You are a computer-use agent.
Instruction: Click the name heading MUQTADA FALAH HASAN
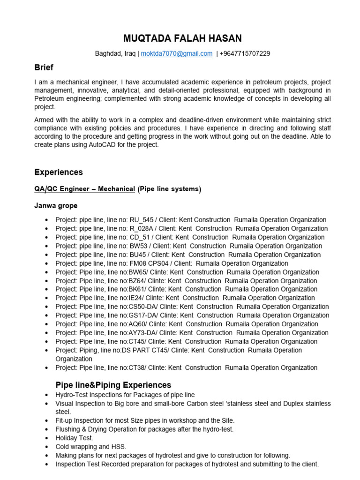(182, 38)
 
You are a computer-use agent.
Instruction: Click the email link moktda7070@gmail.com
(177, 53)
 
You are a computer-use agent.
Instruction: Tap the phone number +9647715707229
(245, 53)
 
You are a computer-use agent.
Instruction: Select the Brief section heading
(44, 67)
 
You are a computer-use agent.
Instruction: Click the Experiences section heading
(59, 172)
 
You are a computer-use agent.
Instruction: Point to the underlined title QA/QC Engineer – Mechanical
(84, 189)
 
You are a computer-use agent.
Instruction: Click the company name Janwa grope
(56, 205)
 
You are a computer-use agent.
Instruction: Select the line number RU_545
(141, 220)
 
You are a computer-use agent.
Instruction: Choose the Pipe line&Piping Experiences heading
(113, 385)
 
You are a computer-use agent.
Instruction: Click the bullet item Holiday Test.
(74, 438)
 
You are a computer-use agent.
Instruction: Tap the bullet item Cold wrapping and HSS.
(90, 447)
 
